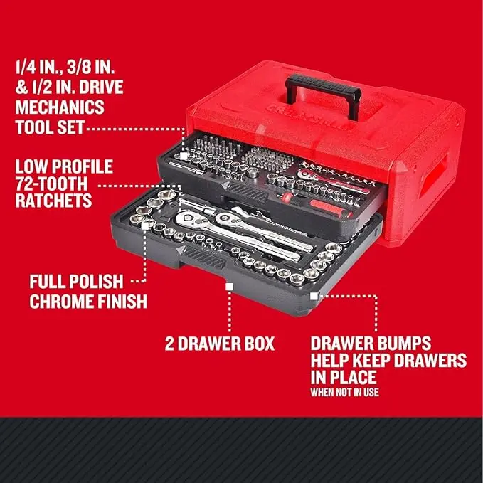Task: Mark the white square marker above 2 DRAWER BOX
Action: [229, 285]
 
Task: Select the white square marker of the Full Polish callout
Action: [148, 225]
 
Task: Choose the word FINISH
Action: [122, 301]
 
